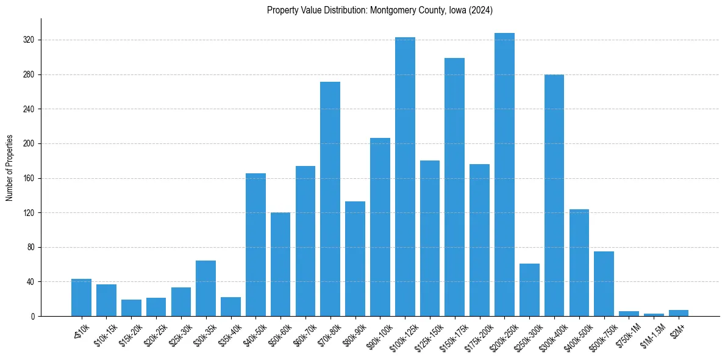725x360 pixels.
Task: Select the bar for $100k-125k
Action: point(405,177)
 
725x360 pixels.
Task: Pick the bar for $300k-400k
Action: point(554,195)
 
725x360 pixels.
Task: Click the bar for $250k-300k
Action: point(529,290)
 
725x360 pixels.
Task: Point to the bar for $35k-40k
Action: point(230,307)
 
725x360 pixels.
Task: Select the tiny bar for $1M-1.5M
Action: point(654,315)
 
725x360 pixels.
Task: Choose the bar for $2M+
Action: point(679,313)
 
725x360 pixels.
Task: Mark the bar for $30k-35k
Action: point(205,289)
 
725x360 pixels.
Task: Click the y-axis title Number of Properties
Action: point(10,168)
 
